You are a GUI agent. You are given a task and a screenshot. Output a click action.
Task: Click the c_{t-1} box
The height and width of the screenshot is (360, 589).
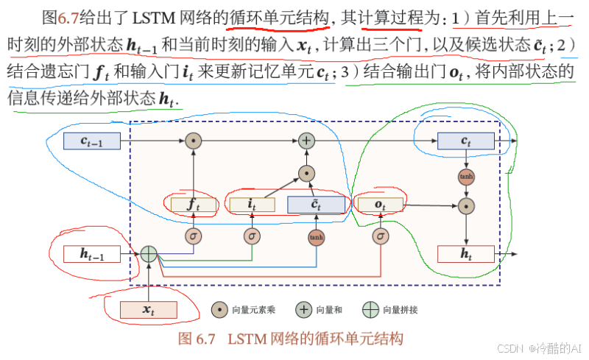[92, 140]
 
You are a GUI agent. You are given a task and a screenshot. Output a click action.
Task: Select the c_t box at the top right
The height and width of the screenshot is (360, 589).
[465, 140]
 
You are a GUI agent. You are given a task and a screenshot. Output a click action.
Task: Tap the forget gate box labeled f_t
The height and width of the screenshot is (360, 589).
[193, 205]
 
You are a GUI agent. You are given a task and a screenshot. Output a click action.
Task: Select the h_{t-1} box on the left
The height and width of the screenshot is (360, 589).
[92, 254]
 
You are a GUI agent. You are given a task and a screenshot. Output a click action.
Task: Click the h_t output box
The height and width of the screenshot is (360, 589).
[465, 254]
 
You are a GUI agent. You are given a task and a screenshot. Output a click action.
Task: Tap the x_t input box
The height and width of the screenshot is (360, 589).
[149, 310]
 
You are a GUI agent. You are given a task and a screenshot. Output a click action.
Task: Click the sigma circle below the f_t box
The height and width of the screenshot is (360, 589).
[193, 236]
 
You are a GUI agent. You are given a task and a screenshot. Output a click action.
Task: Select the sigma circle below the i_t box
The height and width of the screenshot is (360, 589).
[252, 236]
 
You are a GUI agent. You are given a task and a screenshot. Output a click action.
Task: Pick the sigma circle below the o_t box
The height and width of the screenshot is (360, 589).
[380, 236]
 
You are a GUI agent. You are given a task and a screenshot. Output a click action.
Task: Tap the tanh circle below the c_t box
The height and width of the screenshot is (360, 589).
[465, 177]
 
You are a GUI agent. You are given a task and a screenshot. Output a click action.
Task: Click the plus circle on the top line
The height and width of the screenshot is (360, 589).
[306, 140]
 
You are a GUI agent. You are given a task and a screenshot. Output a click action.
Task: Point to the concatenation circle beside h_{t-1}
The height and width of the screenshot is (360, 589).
[149, 254]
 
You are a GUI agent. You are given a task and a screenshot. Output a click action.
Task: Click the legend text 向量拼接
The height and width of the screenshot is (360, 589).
[401, 310]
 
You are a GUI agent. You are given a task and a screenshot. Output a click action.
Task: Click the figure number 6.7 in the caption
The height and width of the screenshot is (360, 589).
[205, 339]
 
